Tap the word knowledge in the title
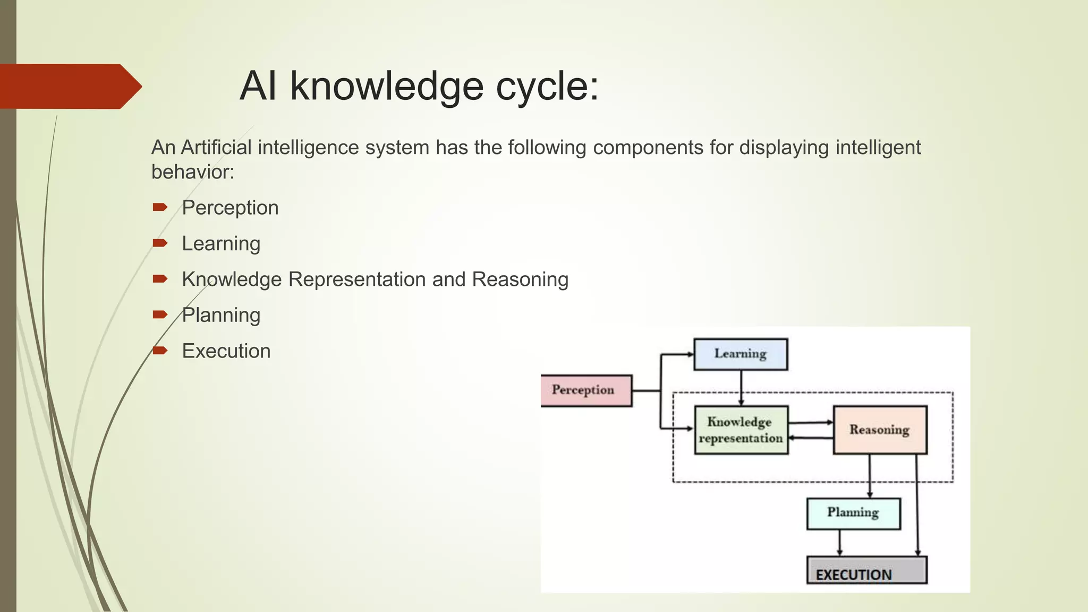click(387, 86)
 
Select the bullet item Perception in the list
click(230, 208)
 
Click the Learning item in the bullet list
click(221, 244)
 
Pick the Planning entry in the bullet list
click(221, 315)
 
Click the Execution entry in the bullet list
click(226, 351)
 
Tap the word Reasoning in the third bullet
click(520, 279)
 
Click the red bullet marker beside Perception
click(160, 207)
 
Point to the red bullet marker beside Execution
click(160, 350)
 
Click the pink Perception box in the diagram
click(585, 390)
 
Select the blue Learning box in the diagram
click(741, 354)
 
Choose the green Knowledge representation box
click(741, 430)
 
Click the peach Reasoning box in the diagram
click(880, 430)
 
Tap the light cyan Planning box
click(853, 513)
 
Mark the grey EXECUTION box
click(866, 571)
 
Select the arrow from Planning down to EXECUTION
click(840, 542)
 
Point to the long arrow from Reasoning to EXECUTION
click(917, 505)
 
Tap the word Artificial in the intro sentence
click(216, 148)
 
